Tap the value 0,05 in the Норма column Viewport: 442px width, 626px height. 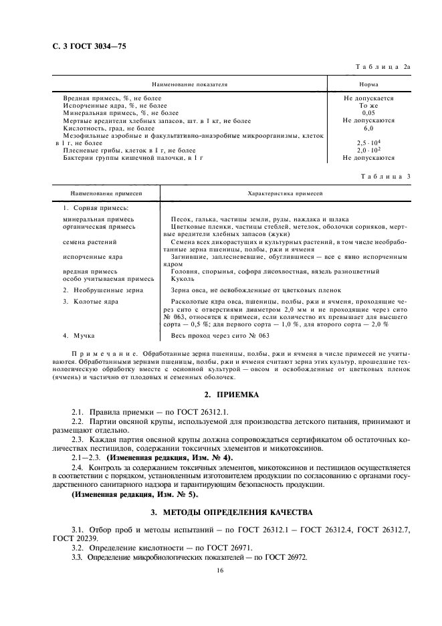[368, 113]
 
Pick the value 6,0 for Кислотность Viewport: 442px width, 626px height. [368, 128]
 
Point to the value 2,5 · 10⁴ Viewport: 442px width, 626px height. [368, 142]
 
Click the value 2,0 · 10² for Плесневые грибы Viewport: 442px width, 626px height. [368, 150]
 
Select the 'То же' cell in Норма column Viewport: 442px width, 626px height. [368, 106]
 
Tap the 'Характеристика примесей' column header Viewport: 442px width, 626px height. [285, 193]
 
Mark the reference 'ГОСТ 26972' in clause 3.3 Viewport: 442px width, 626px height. [286, 557]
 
